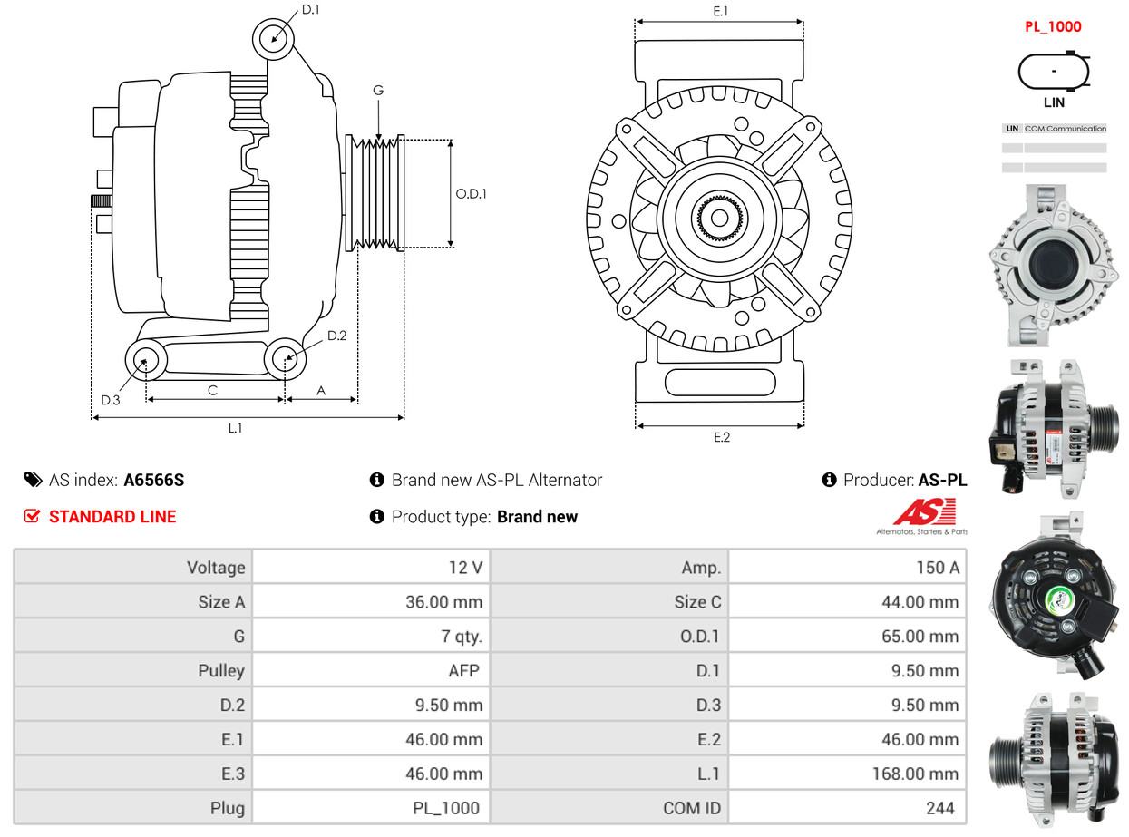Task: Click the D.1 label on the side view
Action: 310,10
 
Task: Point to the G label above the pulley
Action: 378,90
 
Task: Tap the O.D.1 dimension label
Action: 472,193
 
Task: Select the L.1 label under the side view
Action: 235,428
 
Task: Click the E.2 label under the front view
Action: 721,437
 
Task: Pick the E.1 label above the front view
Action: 721,11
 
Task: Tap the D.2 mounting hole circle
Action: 286,358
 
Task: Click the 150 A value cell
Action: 938,568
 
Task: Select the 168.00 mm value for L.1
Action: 919,774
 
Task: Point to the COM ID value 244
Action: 939,808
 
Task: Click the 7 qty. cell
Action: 462,637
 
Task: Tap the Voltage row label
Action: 216,568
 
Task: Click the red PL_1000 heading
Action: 1053,26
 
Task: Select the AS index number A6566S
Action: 154,481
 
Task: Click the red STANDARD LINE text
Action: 112,517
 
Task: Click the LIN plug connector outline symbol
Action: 1054,72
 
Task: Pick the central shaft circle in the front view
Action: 719,218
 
